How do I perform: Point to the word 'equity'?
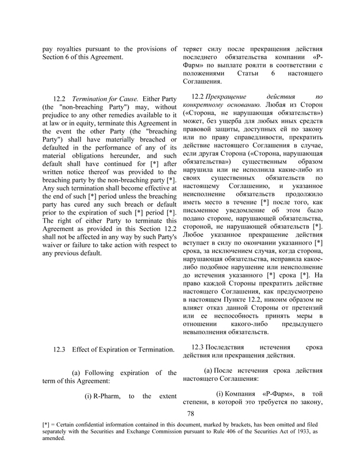(x=99, y=126)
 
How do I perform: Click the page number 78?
(x=192, y=413)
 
